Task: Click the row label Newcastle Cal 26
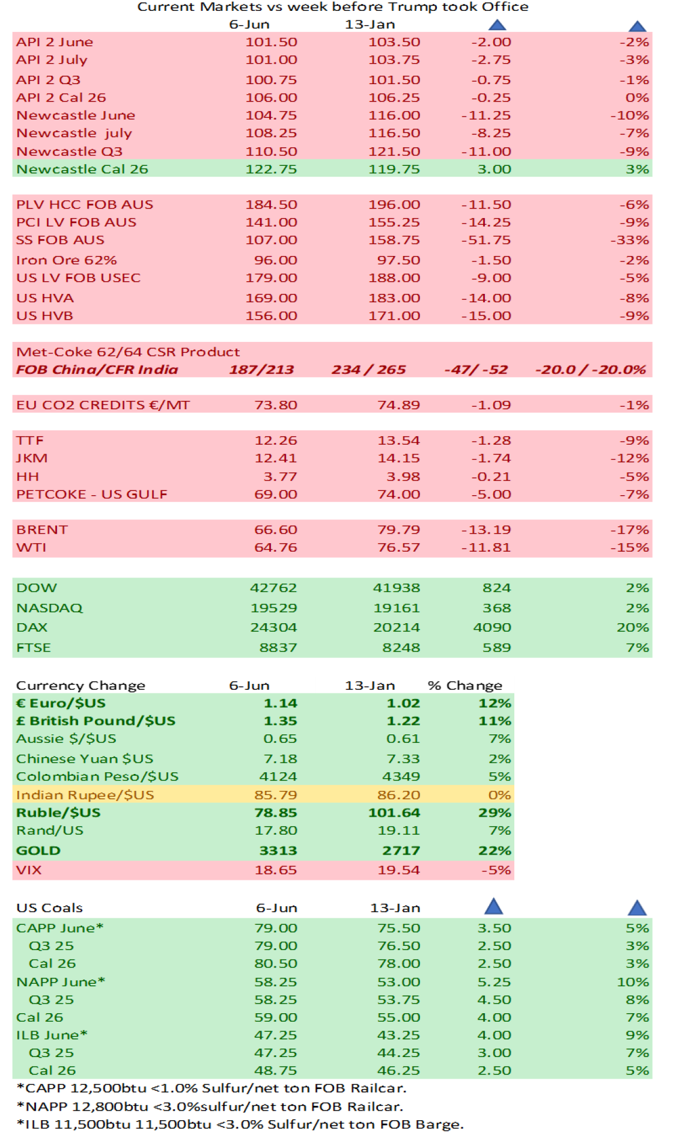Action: point(82,169)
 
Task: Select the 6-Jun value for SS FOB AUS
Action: point(271,240)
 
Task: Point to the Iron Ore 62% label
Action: point(66,261)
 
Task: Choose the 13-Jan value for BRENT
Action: point(398,530)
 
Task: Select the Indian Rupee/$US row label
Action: point(85,795)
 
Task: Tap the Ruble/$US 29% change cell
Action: point(495,813)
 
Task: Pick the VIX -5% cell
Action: point(496,870)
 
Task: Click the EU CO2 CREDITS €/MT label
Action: point(103,406)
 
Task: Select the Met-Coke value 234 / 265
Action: point(368,370)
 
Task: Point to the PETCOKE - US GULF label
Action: point(91,495)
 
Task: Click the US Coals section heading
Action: point(49,908)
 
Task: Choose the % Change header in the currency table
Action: point(464,686)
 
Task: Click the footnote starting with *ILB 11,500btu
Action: point(240,1124)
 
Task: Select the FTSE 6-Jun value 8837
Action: point(278,648)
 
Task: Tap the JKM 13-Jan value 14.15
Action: point(398,459)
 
